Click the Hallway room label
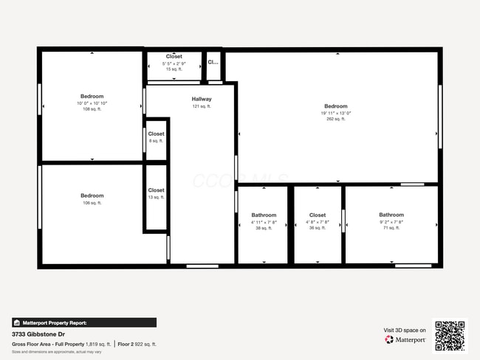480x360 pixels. click(202, 99)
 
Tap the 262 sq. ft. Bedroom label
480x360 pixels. click(335, 106)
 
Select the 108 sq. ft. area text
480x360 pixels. click(92, 109)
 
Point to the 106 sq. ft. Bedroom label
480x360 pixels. click(92, 195)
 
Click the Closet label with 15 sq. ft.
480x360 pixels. click(174, 57)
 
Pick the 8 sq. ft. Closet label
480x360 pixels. click(156, 134)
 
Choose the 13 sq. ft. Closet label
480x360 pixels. click(156, 190)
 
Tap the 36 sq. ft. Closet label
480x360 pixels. click(318, 215)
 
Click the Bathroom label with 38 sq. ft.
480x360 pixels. click(264, 215)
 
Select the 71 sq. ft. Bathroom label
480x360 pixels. click(391, 215)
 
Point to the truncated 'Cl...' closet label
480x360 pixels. click(213, 63)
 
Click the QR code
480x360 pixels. click(450, 336)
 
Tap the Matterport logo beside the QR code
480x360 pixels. click(405, 340)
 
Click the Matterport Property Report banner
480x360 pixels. click(83, 322)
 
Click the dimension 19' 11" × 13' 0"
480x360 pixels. click(336, 114)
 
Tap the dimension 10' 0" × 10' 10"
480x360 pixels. click(92, 103)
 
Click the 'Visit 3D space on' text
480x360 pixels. click(405, 330)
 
